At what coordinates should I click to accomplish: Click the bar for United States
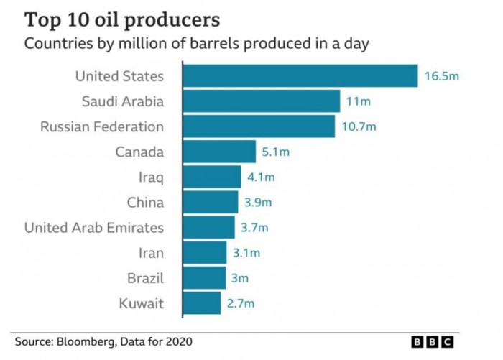[300, 76]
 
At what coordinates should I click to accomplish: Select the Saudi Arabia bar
[262, 101]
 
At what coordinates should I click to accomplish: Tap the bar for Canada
[220, 152]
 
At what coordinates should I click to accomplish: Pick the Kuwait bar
[202, 303]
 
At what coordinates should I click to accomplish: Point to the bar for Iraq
[213, 177]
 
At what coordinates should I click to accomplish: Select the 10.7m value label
[359, 127]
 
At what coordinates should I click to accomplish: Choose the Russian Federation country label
[102, 127]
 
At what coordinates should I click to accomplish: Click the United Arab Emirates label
[94, 228]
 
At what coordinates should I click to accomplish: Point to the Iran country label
[151, 253]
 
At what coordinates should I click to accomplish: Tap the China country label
[145, 203]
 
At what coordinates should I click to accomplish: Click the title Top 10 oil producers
[122, 19]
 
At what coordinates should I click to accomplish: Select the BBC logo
[433, 343]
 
